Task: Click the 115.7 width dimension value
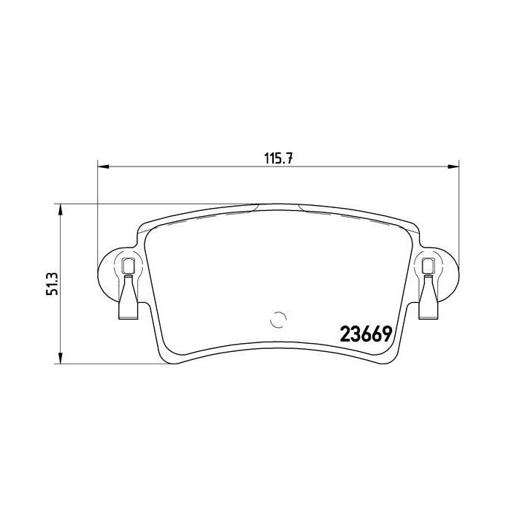[x=279, y=158]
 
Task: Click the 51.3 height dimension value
[x=52, y=283]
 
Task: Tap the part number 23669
[x=366, y=334]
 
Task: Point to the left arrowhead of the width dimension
[x=104, y=166]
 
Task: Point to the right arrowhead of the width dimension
[x=453, y=166]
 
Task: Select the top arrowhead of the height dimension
[x=60, y=210]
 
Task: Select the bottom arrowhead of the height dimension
[x=60, y=358]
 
